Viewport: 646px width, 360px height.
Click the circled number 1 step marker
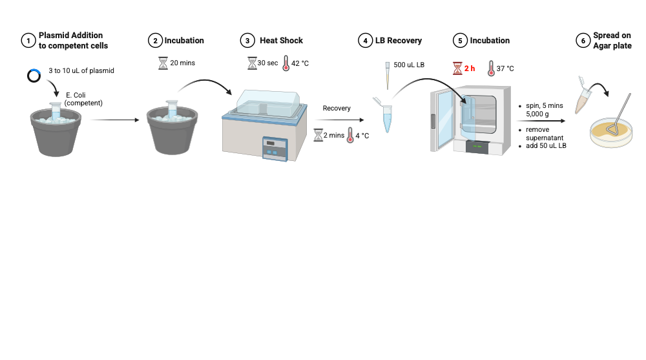click(27, 41)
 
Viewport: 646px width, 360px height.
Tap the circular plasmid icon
click(34, 76)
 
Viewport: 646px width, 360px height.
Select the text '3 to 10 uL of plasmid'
click(81, 70)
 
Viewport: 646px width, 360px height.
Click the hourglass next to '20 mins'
click(163, 63)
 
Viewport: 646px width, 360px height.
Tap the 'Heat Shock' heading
click(281, 41)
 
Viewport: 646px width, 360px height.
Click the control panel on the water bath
click(274, 147)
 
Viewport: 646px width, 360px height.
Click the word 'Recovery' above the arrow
click(337, 109)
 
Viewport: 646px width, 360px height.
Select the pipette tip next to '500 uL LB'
click(388, 74)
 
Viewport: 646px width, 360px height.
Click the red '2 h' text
click(470, 68)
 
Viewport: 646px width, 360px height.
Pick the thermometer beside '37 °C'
click(492, 68)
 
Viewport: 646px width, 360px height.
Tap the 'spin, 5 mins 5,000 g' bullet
click(544, 109)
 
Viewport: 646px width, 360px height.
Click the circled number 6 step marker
click(583, 41)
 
